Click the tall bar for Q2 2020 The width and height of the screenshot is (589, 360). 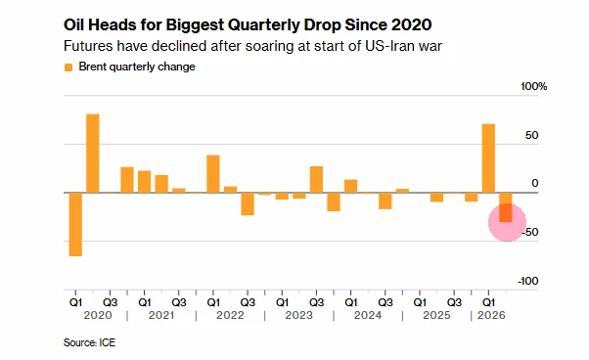point(93,154)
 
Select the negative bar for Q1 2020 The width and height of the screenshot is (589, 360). point(75,224)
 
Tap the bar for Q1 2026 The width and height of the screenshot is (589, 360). point(488,158)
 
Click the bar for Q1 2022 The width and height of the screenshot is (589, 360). point(213,174)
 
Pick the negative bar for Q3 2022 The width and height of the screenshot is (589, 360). point(248,203)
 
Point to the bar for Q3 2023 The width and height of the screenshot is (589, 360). point(316,179)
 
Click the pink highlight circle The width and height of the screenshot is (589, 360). point(507,222)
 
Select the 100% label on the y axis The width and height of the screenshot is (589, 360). point(534,87)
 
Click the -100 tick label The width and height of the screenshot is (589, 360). point(528,281)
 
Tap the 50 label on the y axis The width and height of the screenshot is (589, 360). point(532,135)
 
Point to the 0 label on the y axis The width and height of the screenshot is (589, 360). point(535,184)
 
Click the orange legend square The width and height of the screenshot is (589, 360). point(68,67)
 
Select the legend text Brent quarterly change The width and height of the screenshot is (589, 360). point(137,67)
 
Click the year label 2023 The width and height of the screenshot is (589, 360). point(299,315)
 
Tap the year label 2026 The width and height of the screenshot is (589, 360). point(491,315)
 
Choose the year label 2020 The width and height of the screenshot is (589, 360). point(98,315)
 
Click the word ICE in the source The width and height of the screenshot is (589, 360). point(107,342)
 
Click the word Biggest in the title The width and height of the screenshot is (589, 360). point(194,25)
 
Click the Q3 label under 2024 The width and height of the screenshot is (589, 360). point(385,302)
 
